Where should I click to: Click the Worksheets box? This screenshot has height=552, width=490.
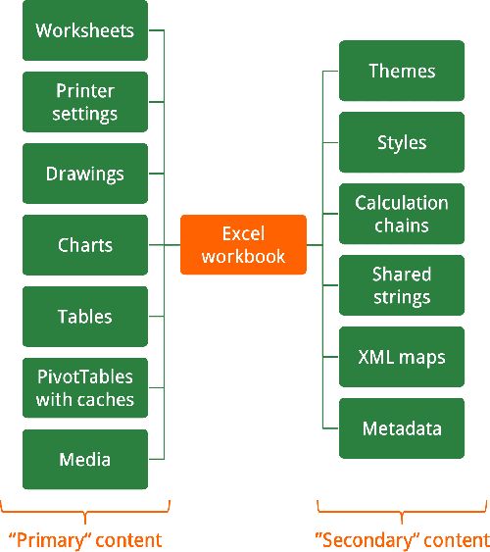point(84,30)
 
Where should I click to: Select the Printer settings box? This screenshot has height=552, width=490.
point(84,102)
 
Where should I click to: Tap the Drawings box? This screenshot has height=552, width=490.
point(84,174)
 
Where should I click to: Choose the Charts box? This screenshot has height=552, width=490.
point(84,245)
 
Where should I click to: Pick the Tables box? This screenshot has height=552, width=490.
point(84,317)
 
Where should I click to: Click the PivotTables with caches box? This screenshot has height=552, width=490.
point(84,388)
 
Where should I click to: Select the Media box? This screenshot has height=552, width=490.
point(84,459)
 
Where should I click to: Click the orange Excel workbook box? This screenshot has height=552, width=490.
point(243,244)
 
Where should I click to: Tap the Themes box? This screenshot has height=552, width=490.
point(402,71)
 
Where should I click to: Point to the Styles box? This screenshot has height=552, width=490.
point(402,142)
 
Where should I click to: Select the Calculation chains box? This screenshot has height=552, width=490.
point(402,214)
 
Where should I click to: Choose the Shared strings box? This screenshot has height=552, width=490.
point(402,285)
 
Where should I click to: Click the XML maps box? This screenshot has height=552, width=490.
point(402,357)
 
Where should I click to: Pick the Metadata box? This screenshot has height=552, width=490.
point(402,428)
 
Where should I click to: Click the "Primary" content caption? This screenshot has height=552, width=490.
point(84,539)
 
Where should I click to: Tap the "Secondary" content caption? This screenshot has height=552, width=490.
point(402,539)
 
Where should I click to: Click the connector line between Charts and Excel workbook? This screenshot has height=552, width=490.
point(165,245)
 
